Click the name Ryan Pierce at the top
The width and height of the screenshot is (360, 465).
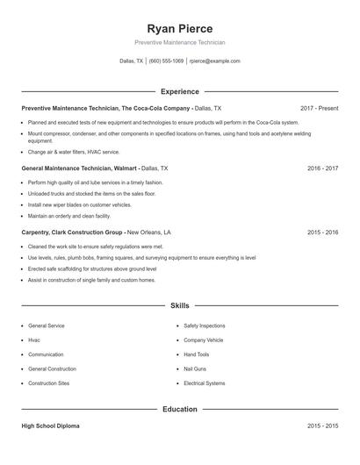click(x=180, y=29)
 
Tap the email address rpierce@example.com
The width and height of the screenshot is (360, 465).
click(x=215, y=61)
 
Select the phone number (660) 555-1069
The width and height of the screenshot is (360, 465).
click(x=167, y=61)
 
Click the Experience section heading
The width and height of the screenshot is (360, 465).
click(x=180, y=91)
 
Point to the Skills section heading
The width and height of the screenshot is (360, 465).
click(x=180, y=305)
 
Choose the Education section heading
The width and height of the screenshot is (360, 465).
click(x=180, y=409)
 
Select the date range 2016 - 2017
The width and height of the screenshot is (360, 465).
click(x=322, y=167)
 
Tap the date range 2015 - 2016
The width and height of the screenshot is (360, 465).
click(x=322, y=232)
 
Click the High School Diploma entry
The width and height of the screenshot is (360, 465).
click(x=51, y=426)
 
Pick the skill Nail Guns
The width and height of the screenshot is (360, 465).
click(x=195, y=368)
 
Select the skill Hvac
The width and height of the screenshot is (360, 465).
click(x=34, y=340)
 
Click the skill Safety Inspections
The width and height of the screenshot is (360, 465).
click(x=204, y=325)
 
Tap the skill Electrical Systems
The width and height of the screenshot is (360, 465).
click(x=205, y=383)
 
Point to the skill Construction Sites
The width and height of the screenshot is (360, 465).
click(x=47, y=383)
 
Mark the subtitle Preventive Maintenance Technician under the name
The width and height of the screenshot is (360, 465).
click(x=180, y=42)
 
